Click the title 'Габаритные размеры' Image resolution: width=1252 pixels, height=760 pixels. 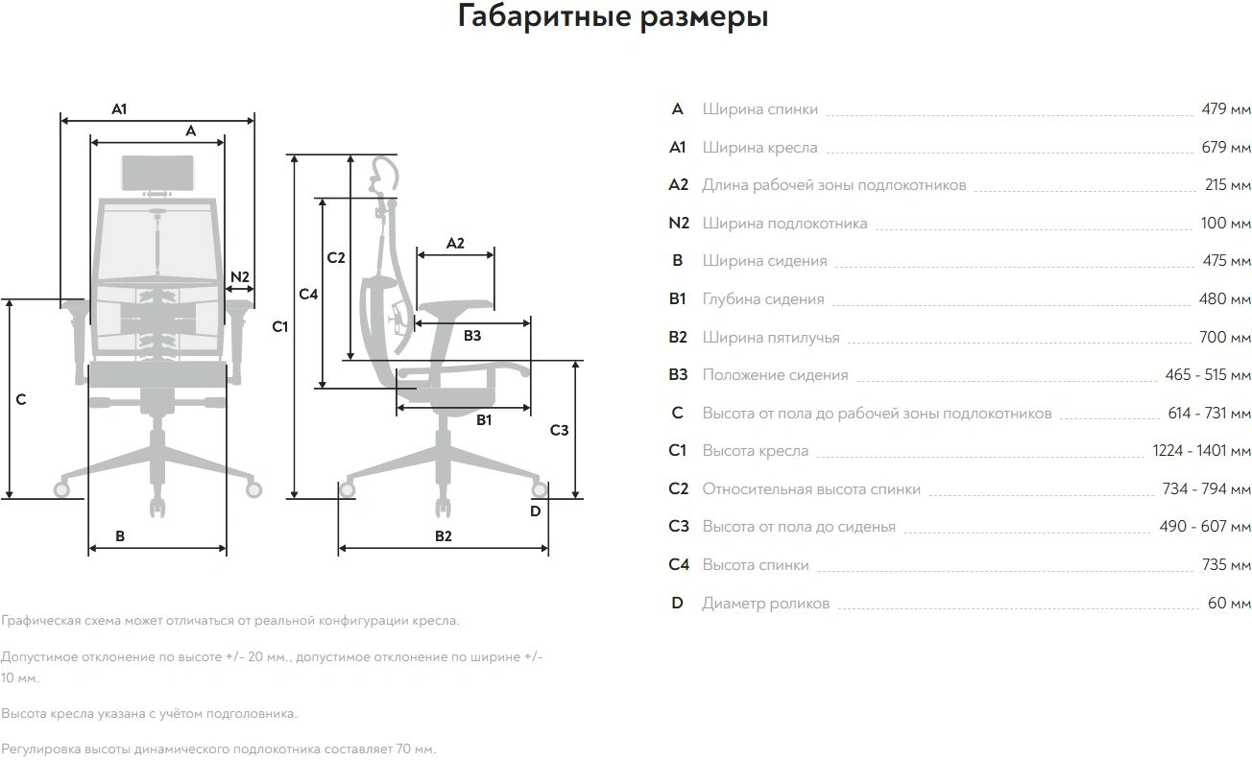[x=613, y=17]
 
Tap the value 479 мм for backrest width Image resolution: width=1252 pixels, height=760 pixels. [x=1226, y=109]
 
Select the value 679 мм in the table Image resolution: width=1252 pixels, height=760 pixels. [x=1226, y=148]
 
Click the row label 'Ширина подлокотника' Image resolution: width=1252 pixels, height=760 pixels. [x=784, y=224]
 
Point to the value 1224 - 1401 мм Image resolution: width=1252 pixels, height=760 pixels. [x=1201, y=451]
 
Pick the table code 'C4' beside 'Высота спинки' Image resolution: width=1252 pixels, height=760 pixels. [x=679, y=565]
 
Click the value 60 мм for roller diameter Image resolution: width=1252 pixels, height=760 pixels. [x=1229, y=604]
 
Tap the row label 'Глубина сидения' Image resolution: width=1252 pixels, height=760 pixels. [x=763, y=299]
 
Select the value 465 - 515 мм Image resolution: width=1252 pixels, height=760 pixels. [x=1208, y=375]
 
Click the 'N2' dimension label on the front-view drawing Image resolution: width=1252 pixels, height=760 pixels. [x=240, y=277]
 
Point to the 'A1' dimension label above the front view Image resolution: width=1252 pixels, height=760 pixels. [x=119, y=109]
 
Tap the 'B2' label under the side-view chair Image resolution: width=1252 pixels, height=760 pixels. [x=443, y=536]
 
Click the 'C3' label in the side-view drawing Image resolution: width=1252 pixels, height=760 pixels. [x=559, y=430]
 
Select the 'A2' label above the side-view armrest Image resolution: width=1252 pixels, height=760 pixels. [x=455, y=244]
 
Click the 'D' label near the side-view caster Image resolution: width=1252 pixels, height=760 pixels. [x=535, y=511]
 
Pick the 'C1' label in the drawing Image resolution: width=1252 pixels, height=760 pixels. [x=279, y=327]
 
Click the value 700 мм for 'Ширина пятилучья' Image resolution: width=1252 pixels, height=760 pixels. [x=1226, y=337]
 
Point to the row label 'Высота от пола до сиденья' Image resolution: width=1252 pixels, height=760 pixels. [x=799, y=527]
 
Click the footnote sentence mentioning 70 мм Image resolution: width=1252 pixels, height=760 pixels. [x=219, y=748]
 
